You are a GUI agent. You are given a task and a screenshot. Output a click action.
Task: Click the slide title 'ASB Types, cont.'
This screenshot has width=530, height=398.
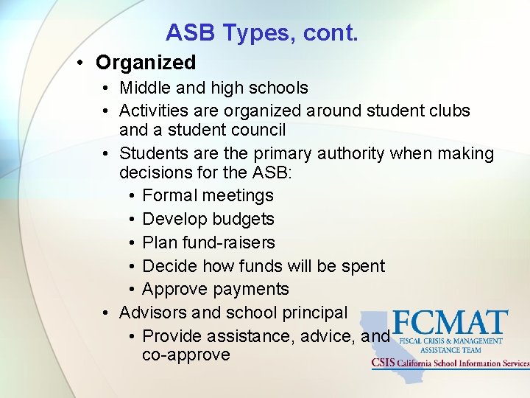pyautogui.click(x=261, y=32)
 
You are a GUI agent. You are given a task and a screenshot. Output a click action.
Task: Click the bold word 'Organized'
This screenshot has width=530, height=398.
pyautogui.click(x=146, y=63)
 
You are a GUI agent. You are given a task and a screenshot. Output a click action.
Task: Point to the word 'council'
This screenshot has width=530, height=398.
pyautogui.click(x=257, y=130)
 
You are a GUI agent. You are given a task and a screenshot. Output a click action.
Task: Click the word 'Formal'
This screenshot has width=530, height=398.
pyautogui.click(x=170, y=196)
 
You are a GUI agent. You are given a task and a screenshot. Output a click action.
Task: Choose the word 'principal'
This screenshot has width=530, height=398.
pyautogui.click(x=310, y=313)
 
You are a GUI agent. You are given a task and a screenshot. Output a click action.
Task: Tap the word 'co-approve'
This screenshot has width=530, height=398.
pyautogui.click(x=186, y=355)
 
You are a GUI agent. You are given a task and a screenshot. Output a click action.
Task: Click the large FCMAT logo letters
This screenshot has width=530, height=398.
pyautogui.click(x=450, y=323)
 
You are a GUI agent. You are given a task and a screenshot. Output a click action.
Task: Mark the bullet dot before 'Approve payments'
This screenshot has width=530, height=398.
pyautogui.click(x=130, y=290)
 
